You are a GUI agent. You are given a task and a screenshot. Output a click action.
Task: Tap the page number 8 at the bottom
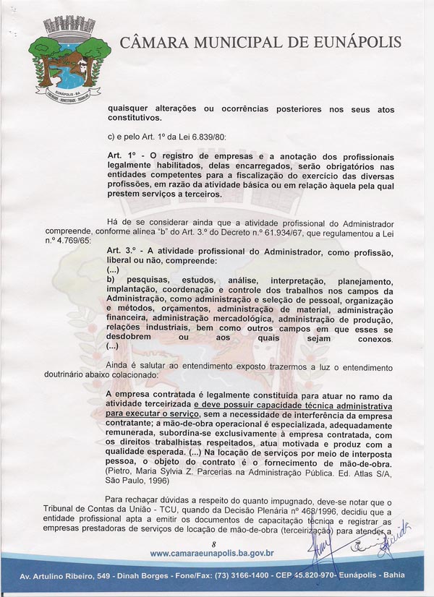[x=214, y=543]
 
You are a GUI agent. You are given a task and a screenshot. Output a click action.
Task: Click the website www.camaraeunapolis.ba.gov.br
[x=217, y=554]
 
